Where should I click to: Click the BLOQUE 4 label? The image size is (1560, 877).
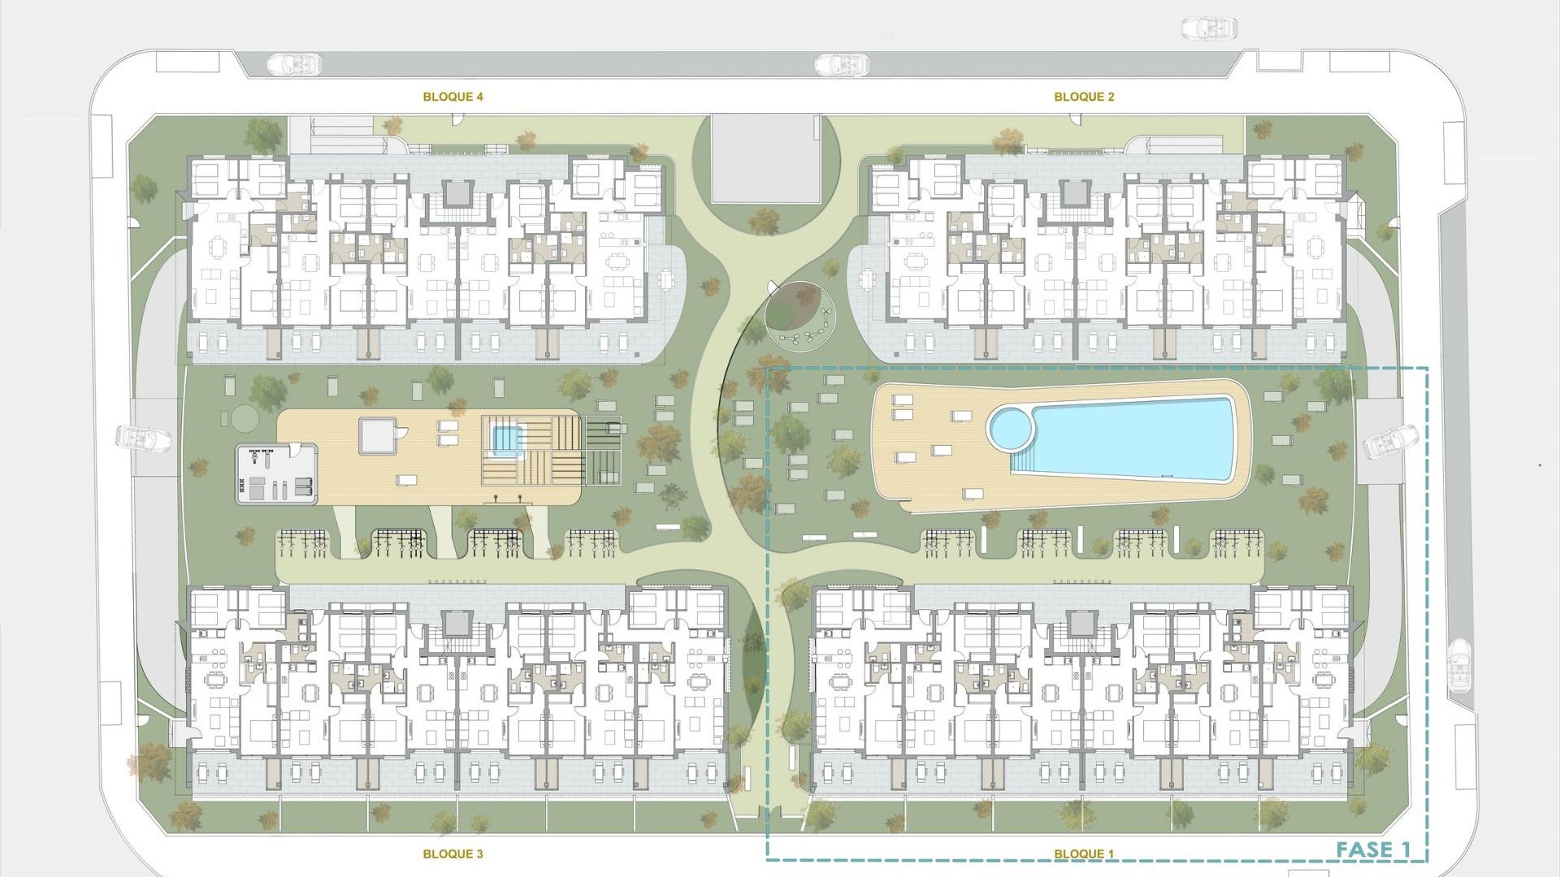pyautogui.click(x=453, y=97)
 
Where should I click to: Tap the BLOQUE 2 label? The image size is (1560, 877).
pyautogui.click(x=1084, y=97)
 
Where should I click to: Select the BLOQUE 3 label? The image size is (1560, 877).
pyautogui.click(x=453, y=853)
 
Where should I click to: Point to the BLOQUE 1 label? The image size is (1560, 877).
pyautogui.click(x=1084, y=853)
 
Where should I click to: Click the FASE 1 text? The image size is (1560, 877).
pyautogui.click(x=1373, y=850)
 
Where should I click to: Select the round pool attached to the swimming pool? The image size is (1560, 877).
pyautogui.click(x=1009, y=427)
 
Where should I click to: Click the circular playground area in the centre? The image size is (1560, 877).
pyautogui.click(x=800, y=315)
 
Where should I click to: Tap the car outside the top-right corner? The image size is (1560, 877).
pyautogui.click(x=1209, y=29)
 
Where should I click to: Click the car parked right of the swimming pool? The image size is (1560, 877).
pyautogui.click(x=1390, y=442)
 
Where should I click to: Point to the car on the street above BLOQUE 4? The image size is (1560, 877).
pyautogui.click(x=294, y=63)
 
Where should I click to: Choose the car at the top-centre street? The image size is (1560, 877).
pyautogui.click(x=842, y=63)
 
